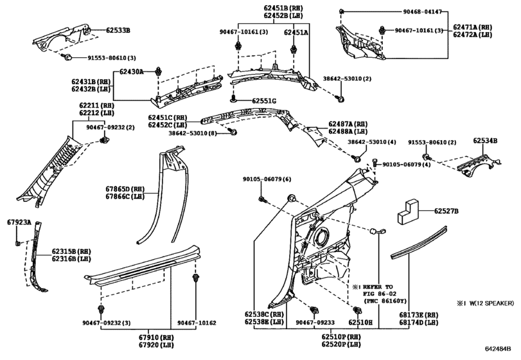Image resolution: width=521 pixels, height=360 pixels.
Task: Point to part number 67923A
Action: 19,222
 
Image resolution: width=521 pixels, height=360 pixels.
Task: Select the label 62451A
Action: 296,32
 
